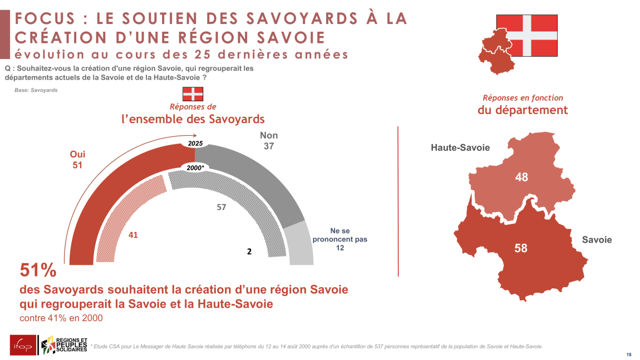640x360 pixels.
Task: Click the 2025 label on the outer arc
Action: pyautogui.click(x=195, y=144)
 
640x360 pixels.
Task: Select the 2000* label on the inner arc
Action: pyautogui.click(x=195, y=167)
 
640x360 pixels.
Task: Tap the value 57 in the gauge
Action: pyautogui.click(x=221, y=207)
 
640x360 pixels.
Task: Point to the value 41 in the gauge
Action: pyautogui.click(x=133, y=235)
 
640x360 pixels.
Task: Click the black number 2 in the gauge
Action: pyautogui.click(x=249, y=251)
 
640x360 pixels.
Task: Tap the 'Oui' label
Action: pyautogui.click(x=77, y=154)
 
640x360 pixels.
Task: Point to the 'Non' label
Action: pyautogui.click(x=269, y=135)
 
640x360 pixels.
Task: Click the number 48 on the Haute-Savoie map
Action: pyautogui.click(x=521, y=177)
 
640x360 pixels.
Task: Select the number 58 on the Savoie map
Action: pyautogui.click(x=521, y=248)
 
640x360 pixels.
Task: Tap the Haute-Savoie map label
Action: pyautogui.click(x=460, y=147)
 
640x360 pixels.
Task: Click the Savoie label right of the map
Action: pyautogui.click(x=597, y=240)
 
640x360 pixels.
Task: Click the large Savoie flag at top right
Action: pyautogui.click(x=526, y=35)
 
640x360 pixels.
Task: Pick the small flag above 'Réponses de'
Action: pyautogui.click(x=193, y=93)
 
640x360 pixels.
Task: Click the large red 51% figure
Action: pyautogui.click(x=38, y=270)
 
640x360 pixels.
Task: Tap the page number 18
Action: pyautogui.click(x=629, y=354)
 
